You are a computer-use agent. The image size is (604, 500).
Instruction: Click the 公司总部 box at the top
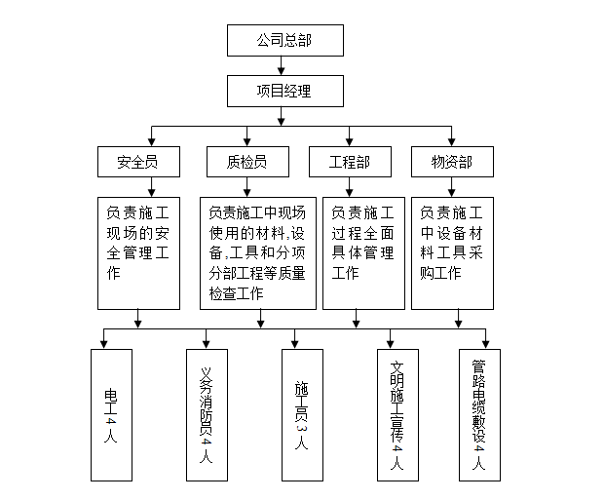pos(284,40)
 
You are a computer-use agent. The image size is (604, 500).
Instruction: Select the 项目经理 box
pos(284,92)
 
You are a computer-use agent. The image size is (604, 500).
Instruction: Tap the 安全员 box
pos(139,162)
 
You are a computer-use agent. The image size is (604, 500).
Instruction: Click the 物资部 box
pos(451,162)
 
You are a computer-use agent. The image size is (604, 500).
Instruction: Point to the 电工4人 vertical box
pos(109,414)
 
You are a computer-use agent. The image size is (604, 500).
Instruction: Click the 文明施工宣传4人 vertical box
pos(396,414)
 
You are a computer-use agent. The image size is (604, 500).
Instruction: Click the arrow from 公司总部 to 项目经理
pos(283,66)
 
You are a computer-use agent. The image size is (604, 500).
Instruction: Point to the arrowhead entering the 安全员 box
pos(150,140)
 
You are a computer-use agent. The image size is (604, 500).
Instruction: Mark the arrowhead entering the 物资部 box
pos(453,140)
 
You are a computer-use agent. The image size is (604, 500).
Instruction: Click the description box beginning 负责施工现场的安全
pos(139,252)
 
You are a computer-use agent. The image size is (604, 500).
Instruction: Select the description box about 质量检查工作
pos(257,252)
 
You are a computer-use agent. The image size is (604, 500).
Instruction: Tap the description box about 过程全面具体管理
pos(361,252)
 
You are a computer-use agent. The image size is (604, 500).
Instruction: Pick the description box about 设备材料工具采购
pos(452,252)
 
